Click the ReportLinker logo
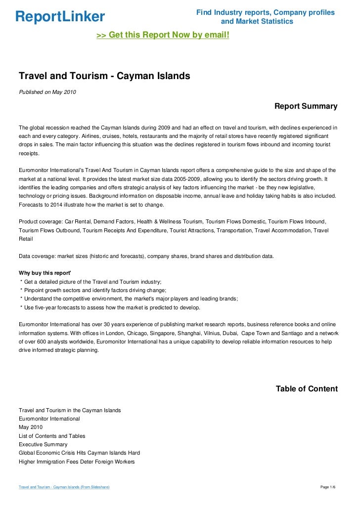pyautogui.click(x=60, y=17)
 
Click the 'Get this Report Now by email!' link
pyautogui.click(x=163, y=36)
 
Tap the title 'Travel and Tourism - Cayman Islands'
pyautogui.click(x=104, y=77)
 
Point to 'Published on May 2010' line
pyautogui.click(x=47, y=91)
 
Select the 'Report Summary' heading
pyautogui.click(x=306, y=106)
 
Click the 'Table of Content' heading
pyautogui.click(x=307, y=389)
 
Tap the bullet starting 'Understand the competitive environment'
pyautogui.click(x=129, y=298)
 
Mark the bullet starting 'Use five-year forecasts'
pyautogui.click(x=110, y=307)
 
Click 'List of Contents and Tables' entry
pyautogui.click(x=52, y=436)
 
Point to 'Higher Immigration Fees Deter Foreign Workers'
pyautogui.click(x=76, y=462)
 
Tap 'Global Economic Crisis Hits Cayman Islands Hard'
pyautogui.click(x=79, y=453)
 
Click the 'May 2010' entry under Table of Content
pyautogui.click(x=31, y=427)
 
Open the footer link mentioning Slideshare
pyautogui.click(x=64, y=487)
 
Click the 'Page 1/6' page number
pyautogui.click(x=328, y=487)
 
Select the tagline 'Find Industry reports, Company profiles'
pyautogui.click(x=266, y=12)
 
